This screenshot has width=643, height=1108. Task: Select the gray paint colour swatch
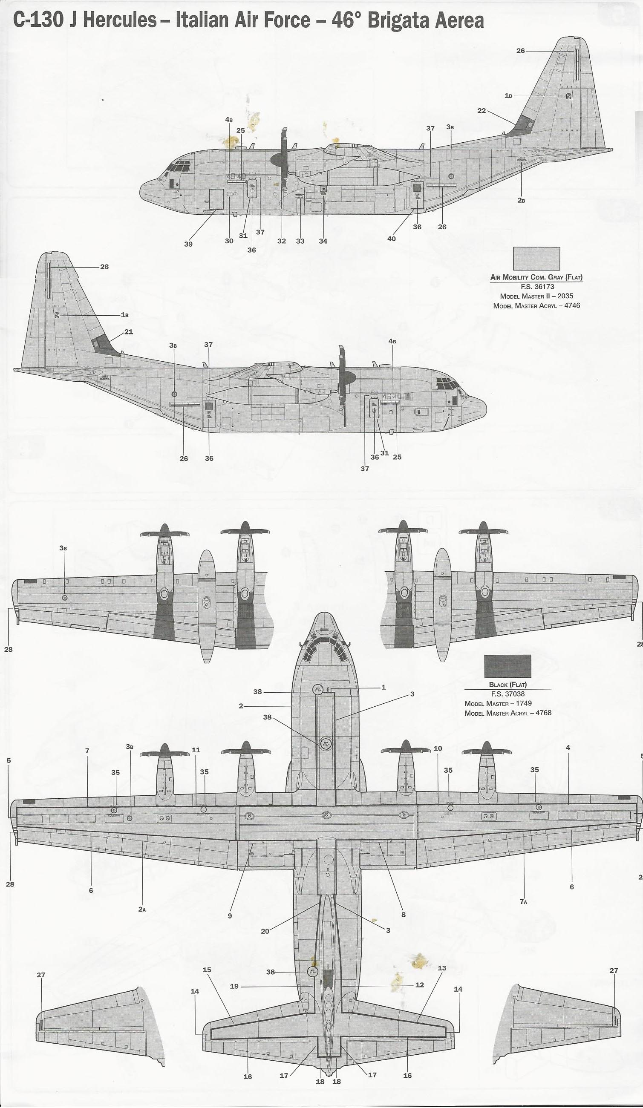(x=536, y=258)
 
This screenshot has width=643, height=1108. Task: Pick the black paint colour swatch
(x=507, y=666)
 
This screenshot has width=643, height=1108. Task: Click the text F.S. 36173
(x=536, y=287)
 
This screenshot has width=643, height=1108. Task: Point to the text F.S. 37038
(x=507, y=694)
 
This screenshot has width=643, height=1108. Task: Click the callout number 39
(x=188, y=244)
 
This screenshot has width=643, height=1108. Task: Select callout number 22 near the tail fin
(x=482, y=110)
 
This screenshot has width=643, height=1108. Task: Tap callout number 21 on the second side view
(x=128, y=331)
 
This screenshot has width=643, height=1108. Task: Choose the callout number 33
(x=300, y=241)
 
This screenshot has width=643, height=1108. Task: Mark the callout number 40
(x=392, y=239)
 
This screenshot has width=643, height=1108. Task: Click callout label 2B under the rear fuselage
(x=521, y=200)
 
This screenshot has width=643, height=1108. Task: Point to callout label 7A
(x=523, y=901)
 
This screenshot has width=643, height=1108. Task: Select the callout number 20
(x=265, y=931)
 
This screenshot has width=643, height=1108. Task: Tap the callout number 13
(x=442, y=968)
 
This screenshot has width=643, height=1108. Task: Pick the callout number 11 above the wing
(x=196, y=750)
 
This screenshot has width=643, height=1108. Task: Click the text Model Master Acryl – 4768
(x=508, y=713)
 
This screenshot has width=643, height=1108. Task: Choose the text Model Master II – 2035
(x=536, y=296)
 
